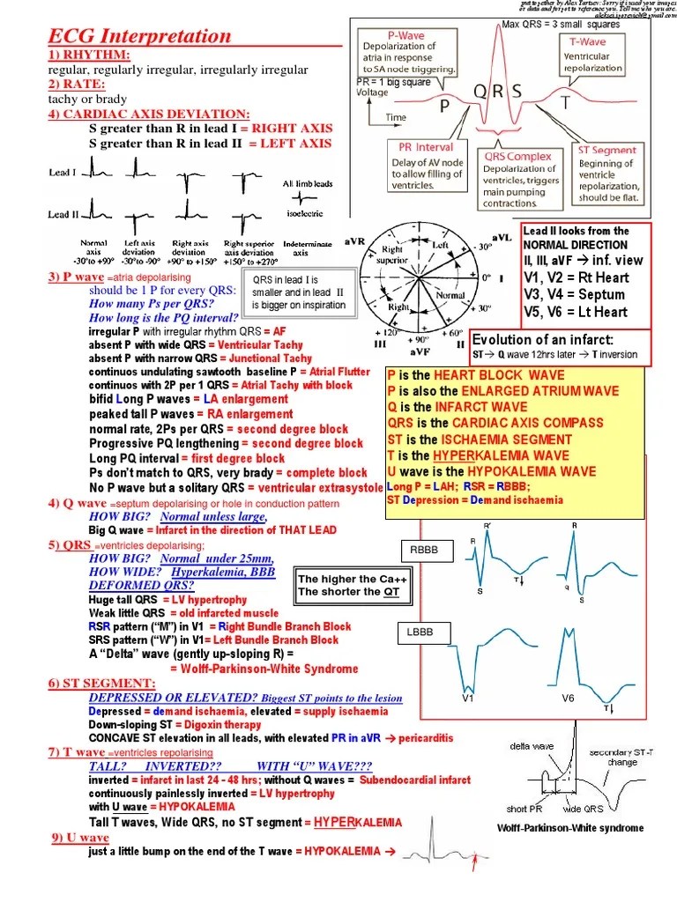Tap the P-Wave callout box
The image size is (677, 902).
point(407,52)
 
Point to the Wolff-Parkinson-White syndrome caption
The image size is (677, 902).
point(570,828)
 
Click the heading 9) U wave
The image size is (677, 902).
point(79,838)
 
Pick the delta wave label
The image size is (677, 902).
point(532,746)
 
